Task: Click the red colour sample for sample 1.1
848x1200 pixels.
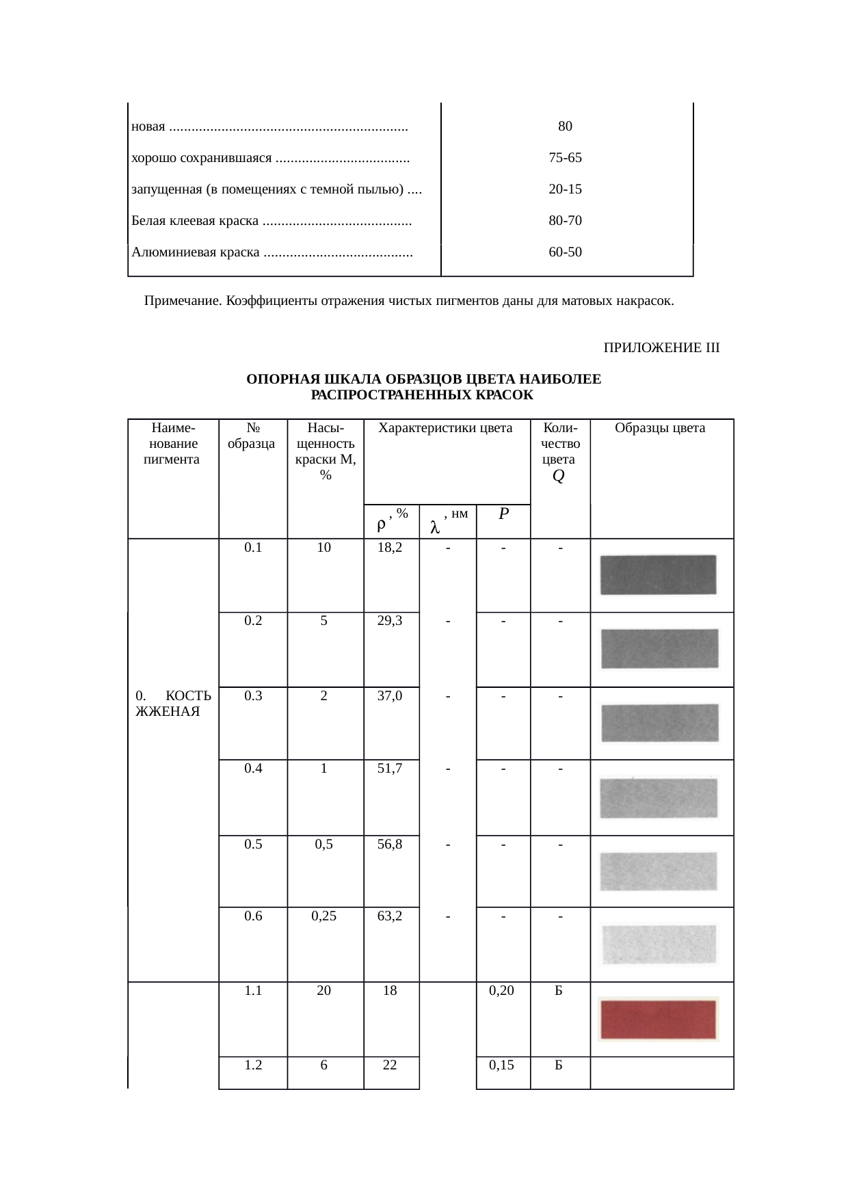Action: click(x=658, y=1019)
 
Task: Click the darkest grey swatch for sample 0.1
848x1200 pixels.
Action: click(x=658, y=574)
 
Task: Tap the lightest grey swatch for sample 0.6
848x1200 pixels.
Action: click(x=659, y=944)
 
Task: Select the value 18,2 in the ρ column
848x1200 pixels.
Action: click(x=390, y=548)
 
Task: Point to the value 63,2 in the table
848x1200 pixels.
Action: click(x=390, y=916)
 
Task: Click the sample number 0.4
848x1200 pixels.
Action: click(x=253, y=769)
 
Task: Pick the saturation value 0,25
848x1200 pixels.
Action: click(x=324, y=916)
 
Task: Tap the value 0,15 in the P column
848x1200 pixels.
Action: click(x=502, y=1065)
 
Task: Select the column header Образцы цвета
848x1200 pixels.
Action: click(x=660, y=429)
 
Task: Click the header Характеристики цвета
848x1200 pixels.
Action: click(x=445, y=429)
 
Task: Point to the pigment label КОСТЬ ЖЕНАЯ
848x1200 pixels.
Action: click(x=173, y=704)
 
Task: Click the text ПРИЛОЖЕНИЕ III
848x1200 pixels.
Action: click(x=661, y=348)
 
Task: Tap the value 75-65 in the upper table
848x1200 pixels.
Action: click(x=565, y=158)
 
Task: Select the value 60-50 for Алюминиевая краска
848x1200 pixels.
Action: click(x=565, y=252)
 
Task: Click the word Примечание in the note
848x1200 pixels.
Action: click(x=182, y=301)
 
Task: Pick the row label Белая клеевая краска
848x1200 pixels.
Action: click(x=195, y=221)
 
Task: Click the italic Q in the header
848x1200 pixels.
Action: click(x=558, y=477)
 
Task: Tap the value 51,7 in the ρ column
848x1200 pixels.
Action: click(x=390, y=769)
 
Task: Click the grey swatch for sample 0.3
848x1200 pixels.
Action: click(x=659, y=723)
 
